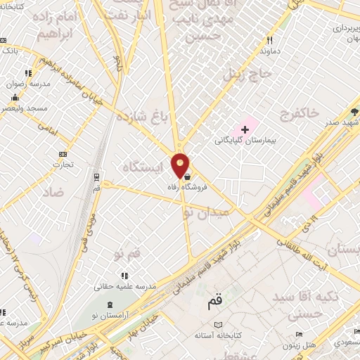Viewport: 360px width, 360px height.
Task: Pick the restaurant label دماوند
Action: [x=270, y=51]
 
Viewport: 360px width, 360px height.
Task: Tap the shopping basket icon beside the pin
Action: [x=186, y=176]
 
